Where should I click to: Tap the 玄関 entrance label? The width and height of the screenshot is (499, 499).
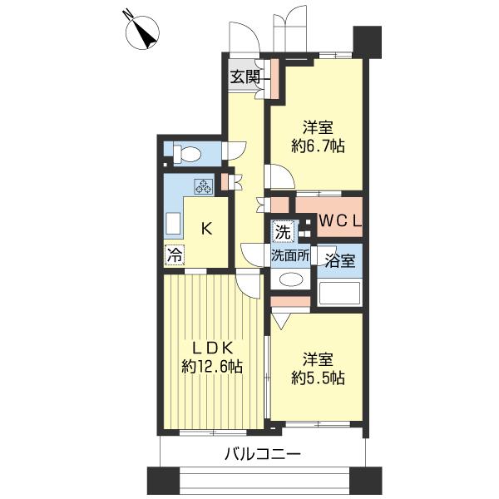point(245,78)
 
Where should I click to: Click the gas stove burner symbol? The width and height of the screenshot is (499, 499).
point(204,186)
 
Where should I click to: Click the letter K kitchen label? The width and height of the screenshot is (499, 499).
point(205,228)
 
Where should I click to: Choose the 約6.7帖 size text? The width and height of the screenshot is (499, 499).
point(319,146)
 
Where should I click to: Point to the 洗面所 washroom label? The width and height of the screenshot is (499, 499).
point(290,256)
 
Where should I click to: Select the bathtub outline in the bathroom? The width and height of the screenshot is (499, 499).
point(339,293)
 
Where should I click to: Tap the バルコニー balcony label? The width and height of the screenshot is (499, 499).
point(261,455)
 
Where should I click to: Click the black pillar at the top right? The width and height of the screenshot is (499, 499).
point(366,41)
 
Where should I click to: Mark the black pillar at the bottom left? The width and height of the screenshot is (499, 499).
point(158,480)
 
